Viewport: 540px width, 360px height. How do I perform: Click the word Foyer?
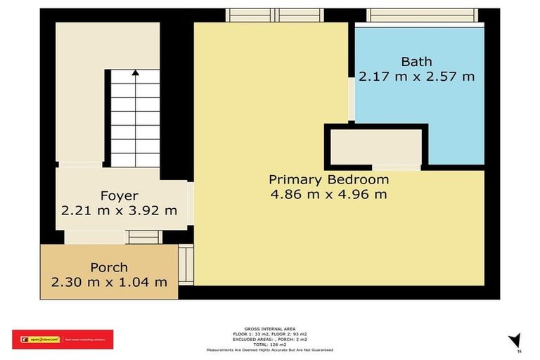tap(118, 195)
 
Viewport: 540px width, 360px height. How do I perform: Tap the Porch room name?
tap(109, 267)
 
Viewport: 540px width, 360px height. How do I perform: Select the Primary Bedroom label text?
tap(328, 179)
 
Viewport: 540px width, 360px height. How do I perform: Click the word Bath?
tap(416, 62)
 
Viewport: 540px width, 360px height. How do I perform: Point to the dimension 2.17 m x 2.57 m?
tap(416, 76)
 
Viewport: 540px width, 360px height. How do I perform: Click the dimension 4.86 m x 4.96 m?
tap(328, 194)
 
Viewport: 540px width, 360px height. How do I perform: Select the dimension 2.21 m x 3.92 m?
tap(118, 210)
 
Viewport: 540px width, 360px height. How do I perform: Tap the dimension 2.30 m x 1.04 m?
tap(109, 282)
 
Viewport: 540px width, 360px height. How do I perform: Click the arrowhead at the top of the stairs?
tap(134, 71)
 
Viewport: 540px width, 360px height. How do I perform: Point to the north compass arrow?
tap(514, 340)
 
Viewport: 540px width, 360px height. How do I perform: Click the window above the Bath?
tap(423, 15)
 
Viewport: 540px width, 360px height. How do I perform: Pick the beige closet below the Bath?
tap(376, 147)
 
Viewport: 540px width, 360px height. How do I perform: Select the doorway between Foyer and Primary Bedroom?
tap(190, 204)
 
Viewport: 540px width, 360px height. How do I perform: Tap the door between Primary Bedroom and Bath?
tap(351, 98)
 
